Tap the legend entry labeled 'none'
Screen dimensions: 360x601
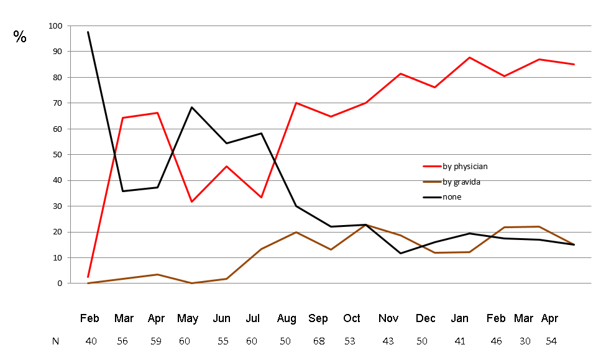tap(452, 197)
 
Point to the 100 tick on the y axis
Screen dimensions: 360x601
tap(56, 26)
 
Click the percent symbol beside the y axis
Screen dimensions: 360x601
tap(20, 37)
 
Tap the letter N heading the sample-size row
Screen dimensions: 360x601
tap(56, 341)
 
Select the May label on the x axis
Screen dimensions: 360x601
tap(188, 319)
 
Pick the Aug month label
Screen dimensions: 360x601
tap(287, 319)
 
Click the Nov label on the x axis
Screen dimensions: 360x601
tap(388, 319)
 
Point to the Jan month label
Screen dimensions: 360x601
tap(461, 319)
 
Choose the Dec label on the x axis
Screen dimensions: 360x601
tap(426, 319)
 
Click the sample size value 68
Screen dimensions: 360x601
tap(319, 341)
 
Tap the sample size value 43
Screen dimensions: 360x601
tap(388, 341)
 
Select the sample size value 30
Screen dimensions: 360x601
tap(525, 341)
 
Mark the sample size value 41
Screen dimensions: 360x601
tap(460, 341)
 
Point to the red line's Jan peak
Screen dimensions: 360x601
tap(470, 57)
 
